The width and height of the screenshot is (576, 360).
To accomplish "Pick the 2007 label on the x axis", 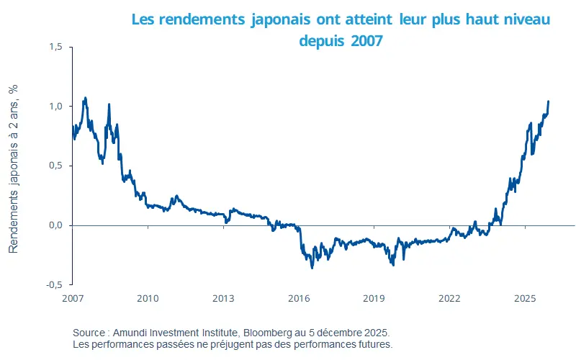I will (x=73, y=298).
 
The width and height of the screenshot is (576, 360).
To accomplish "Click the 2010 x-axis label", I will (x=148, y=298).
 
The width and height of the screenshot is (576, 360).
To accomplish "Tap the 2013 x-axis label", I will (x=223, y=298).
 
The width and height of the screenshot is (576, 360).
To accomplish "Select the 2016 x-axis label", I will (x=299, y=298).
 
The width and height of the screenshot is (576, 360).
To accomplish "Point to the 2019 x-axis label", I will (x=374, y=298).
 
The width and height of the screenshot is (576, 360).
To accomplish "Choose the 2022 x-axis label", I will (x=449, y=298).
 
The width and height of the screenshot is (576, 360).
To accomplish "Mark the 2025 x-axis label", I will (x=525, y=298).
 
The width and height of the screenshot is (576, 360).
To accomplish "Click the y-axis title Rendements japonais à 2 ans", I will (x=14, y=167).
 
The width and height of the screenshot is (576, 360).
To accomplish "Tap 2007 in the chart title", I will (x=366, y=40).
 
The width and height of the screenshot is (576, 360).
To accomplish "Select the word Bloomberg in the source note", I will (x=269, y=333).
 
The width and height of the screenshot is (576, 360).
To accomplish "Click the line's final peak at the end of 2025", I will (x=549, y=102).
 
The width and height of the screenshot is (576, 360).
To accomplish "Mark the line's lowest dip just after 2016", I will (x=312, y=268).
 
